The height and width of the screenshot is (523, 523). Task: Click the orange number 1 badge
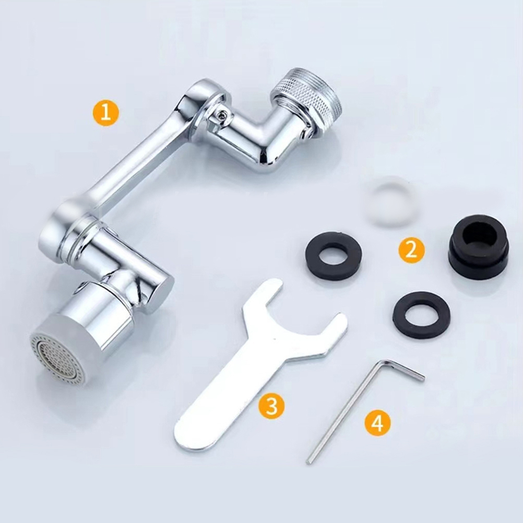coord(106,113)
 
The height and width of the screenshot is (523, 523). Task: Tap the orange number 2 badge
coord(412,250)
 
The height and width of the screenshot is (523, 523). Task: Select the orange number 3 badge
coord(272,405)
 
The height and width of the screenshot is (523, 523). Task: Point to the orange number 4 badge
coord(377,423)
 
